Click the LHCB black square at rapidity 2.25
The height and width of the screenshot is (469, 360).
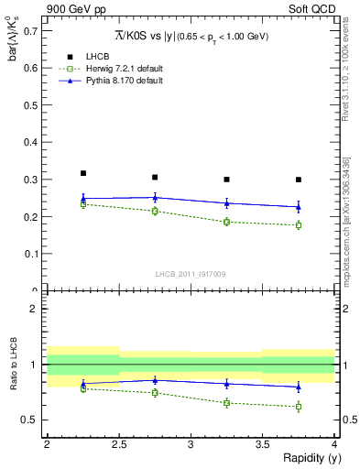[x=82, y=173]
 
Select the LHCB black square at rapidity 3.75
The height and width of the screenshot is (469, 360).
[x=299, y=180]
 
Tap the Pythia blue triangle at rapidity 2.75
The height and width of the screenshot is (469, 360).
[x=155, y=197]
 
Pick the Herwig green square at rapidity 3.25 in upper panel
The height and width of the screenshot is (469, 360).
[x=227, y=222]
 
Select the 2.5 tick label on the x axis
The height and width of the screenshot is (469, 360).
[x=118, y=444]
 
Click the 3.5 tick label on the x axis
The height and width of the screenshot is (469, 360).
[x=262, y=444]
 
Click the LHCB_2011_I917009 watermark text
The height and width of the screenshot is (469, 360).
[x=190, y=273]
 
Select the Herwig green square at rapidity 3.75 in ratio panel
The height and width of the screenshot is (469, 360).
[x=299, y=407]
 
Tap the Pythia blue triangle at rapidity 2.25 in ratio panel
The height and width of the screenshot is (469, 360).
[x=82, y=384]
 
